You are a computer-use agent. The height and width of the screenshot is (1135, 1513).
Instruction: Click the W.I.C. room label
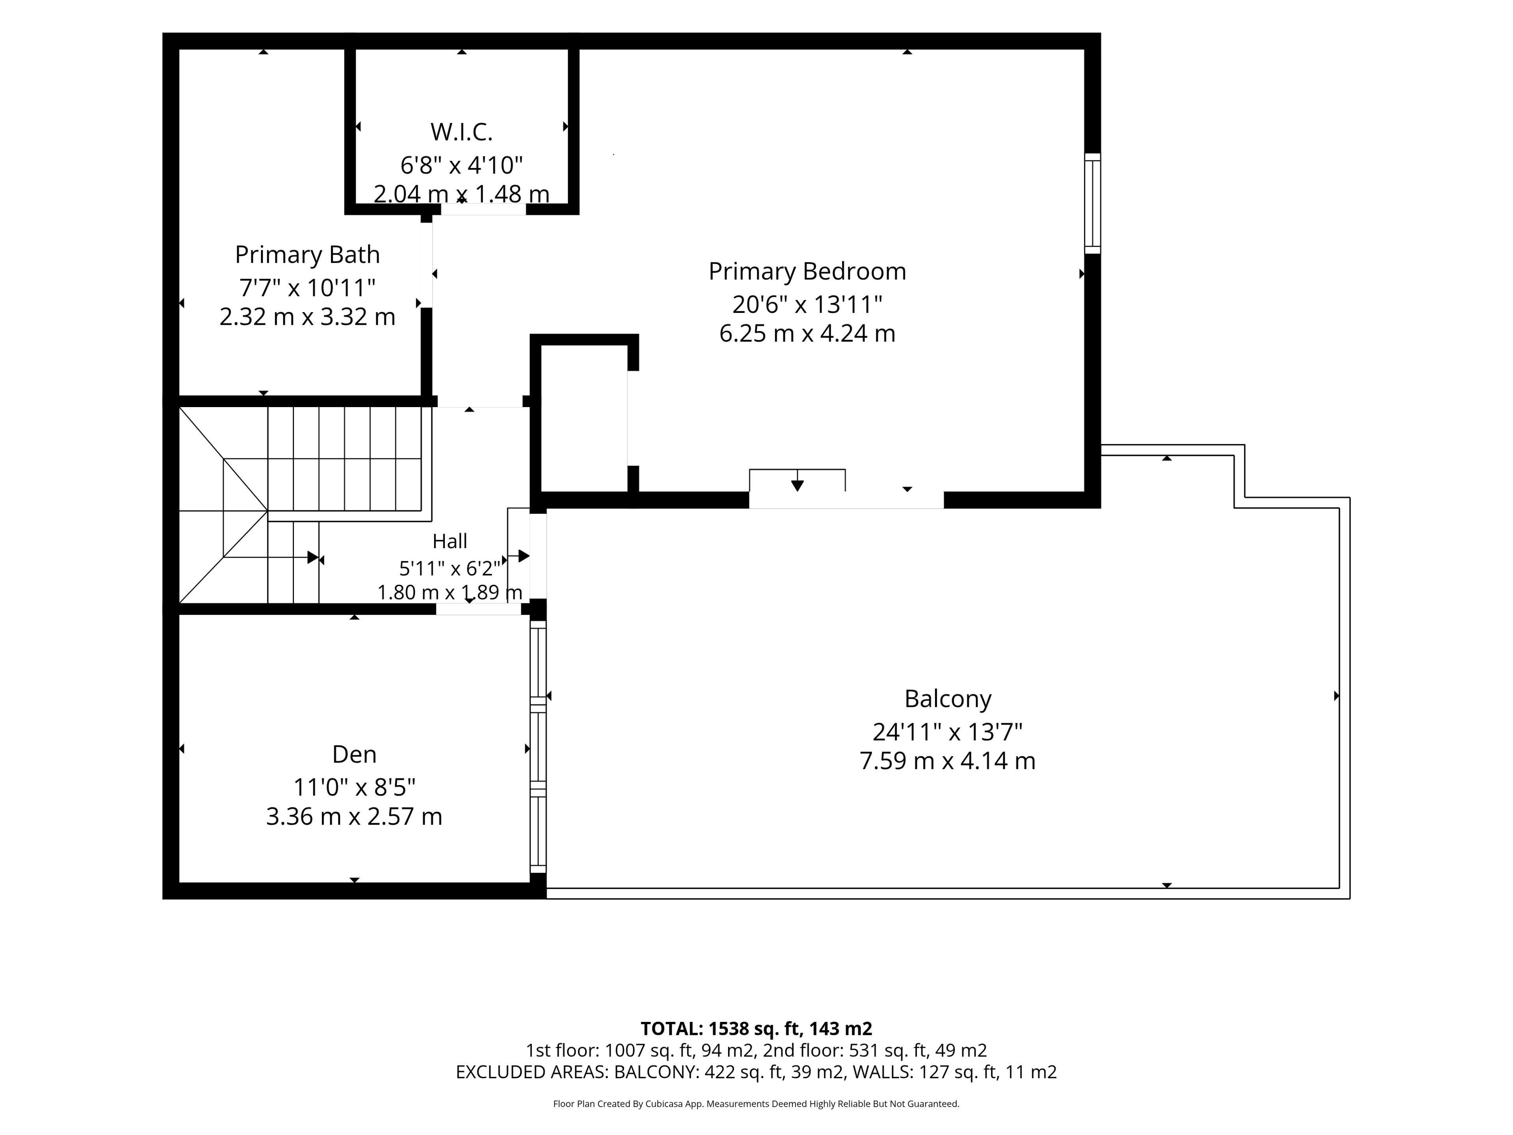(x=462, y=131)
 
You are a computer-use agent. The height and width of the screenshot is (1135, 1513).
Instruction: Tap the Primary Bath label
(x=307, y=255)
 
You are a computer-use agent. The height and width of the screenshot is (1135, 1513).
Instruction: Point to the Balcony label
(x=947, y=698)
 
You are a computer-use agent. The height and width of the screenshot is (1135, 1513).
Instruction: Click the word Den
(x=354, y=754)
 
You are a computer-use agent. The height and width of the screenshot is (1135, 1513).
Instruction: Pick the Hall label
(x=450, y=541)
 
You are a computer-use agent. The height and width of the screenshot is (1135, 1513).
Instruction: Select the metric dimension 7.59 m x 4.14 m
(x=947, y=761)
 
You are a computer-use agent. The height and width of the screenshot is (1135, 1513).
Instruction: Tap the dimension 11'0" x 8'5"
(x=354, y=787)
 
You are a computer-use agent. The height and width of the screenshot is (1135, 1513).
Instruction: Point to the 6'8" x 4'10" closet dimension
(x=462, y=165)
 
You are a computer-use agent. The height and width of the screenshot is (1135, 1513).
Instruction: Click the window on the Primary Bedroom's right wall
(x=1092, y=203)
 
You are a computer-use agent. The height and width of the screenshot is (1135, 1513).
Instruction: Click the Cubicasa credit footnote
(x=756, y=1103)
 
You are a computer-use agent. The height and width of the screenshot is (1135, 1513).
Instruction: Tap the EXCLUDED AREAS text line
(x=756, y=1072)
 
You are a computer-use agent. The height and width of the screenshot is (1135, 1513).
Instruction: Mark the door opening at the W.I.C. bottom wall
(x=483, y=208)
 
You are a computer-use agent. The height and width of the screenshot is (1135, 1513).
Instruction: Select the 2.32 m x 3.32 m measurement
(x=307, y=317)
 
